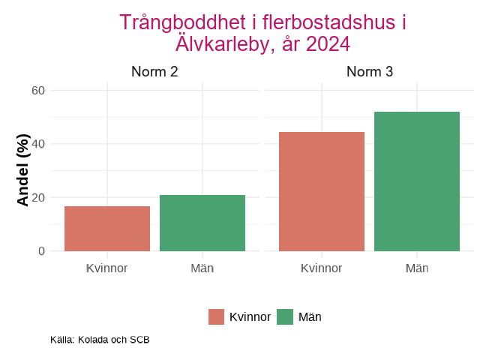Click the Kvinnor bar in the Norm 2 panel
point(107,229)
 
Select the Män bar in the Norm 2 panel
point(202,223)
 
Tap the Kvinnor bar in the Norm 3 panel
point(322,192)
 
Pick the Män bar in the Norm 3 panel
point(417,181)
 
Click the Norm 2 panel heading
point(154,73)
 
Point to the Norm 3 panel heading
point(370,73)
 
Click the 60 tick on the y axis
point(38,91)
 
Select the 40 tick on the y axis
point(38,144)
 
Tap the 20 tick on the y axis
point(38,198)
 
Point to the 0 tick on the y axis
point(42,251)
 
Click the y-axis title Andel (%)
point(23,170)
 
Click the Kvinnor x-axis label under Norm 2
point(107,268)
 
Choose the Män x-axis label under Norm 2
point(202,268)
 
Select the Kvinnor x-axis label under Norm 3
point(322,268)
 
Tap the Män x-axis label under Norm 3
point(417,268)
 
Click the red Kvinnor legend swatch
point(217,317)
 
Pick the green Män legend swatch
point(285,317)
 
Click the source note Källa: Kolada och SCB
point(100,340)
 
